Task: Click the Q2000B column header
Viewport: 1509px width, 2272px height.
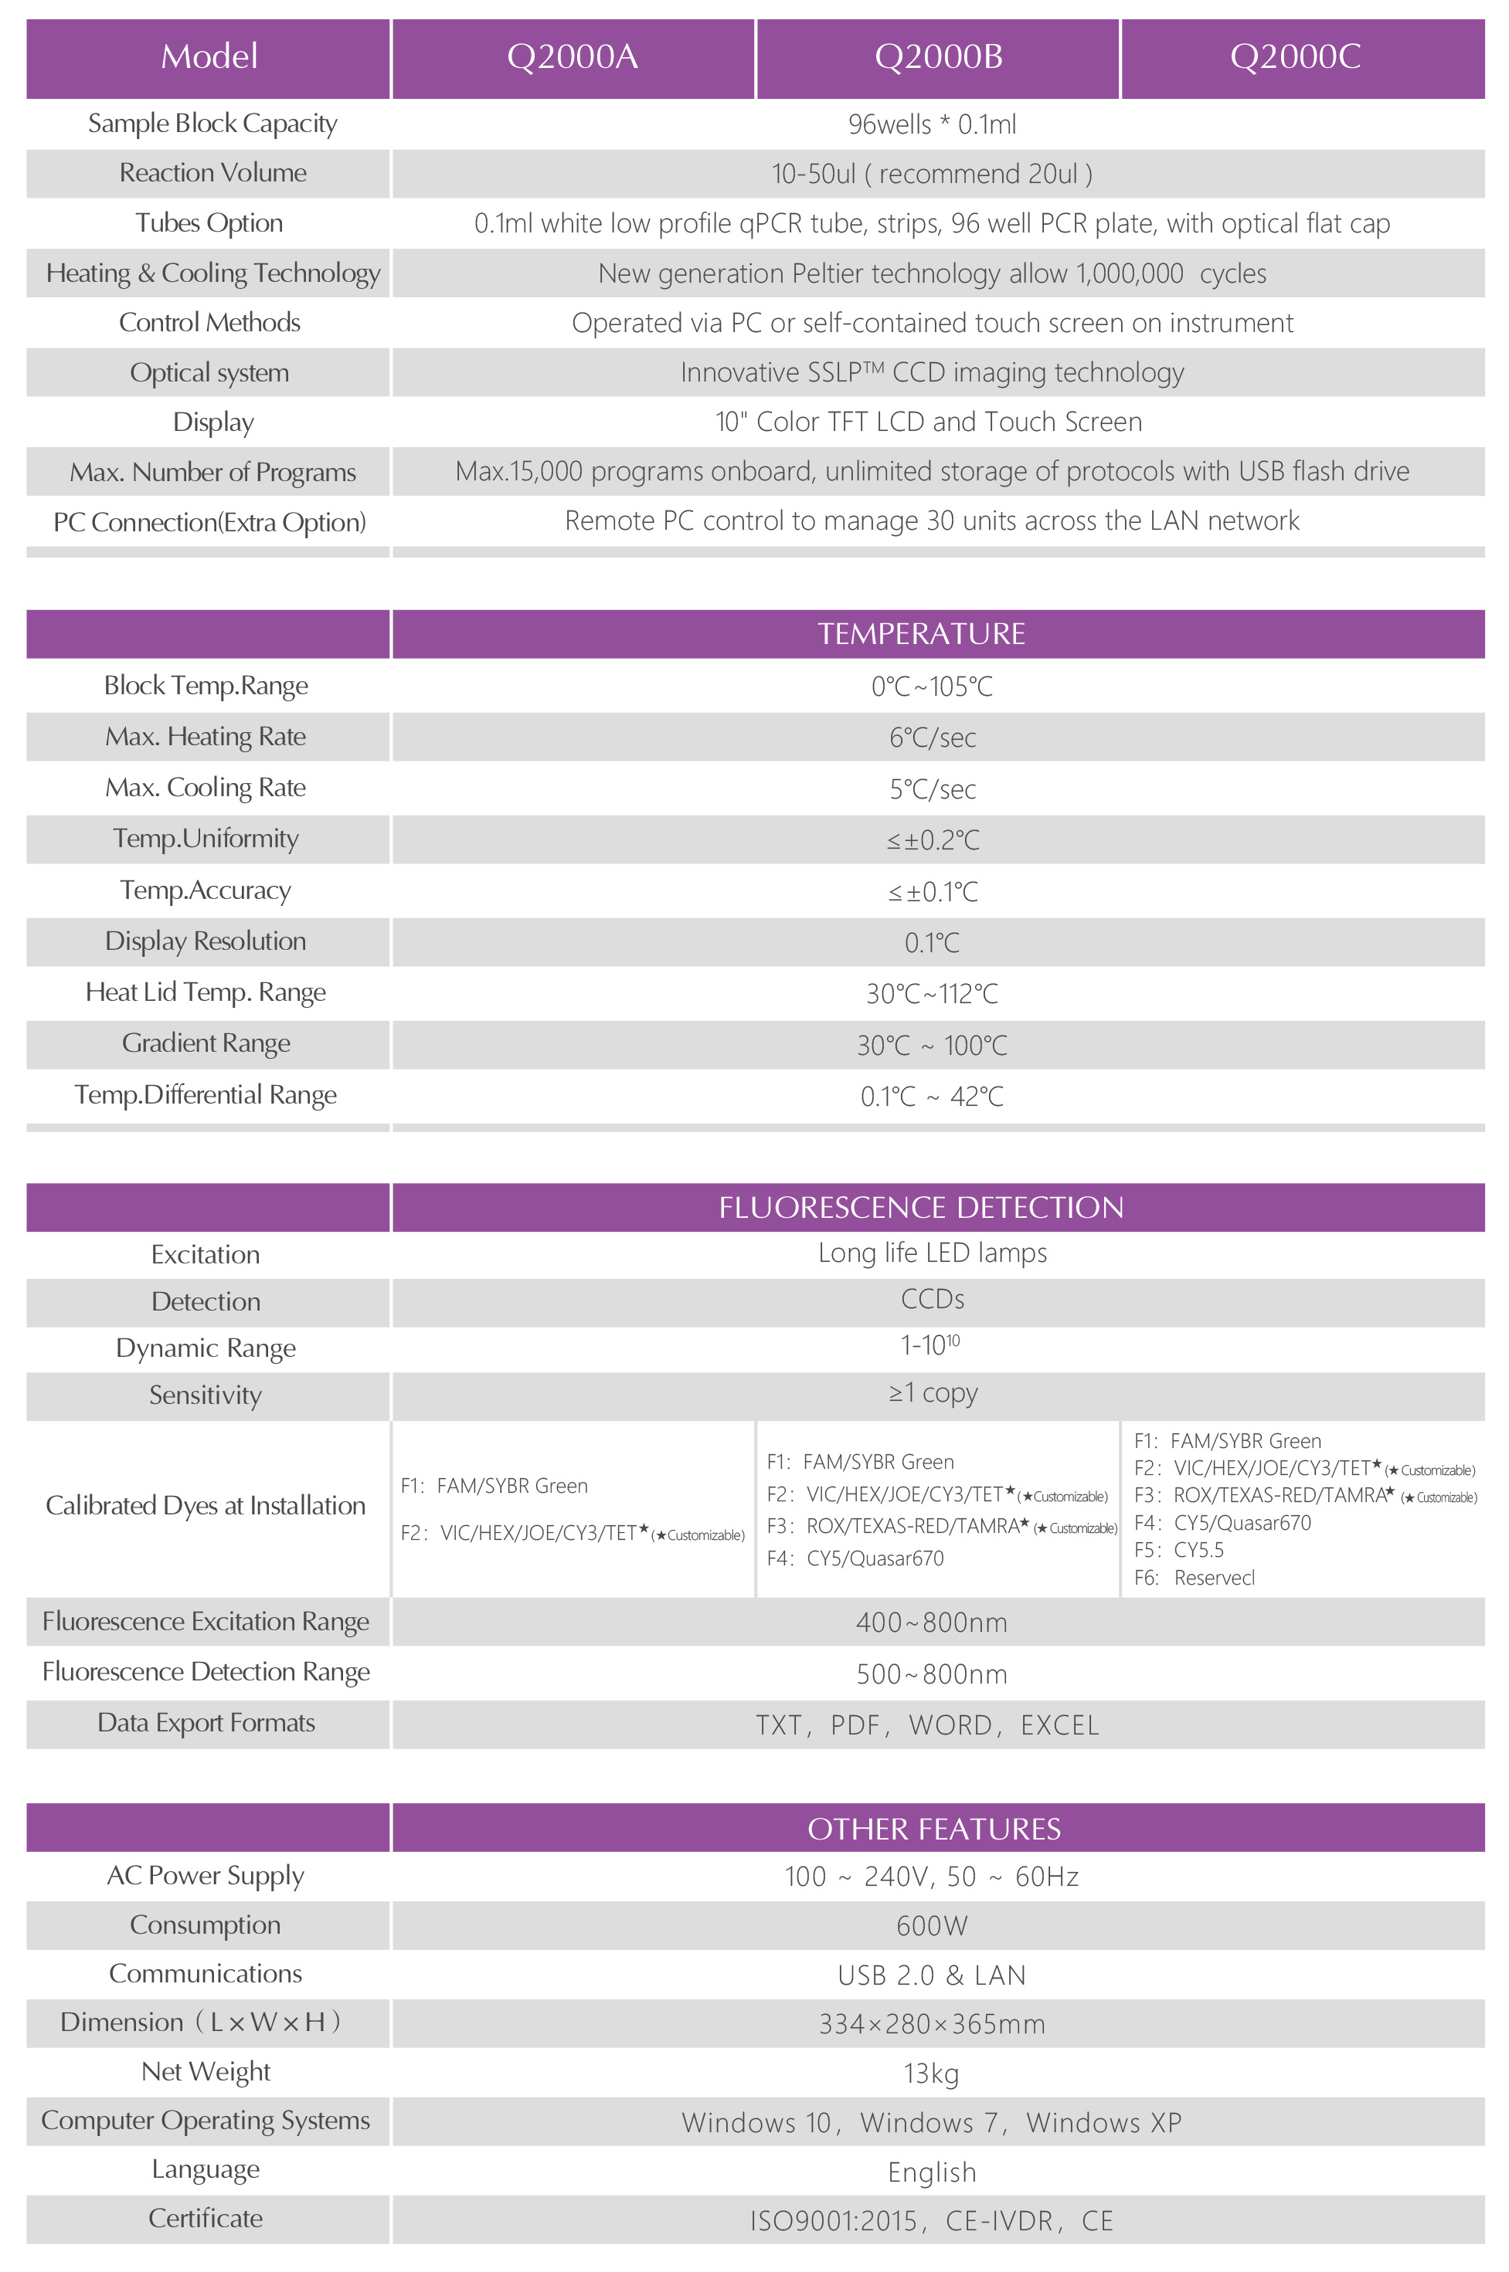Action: coord(938,56)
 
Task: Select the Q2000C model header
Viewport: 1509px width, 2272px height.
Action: coord(1295,56)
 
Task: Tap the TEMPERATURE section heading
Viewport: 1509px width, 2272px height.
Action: coord(921,634)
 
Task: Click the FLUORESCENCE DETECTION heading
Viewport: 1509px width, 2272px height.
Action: coord(921,1207)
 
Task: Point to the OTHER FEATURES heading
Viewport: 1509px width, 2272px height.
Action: coord(933,1829)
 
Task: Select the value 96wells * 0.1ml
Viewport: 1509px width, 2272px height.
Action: coord(932,124)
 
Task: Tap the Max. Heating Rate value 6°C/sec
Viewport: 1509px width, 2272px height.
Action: coord(932,738)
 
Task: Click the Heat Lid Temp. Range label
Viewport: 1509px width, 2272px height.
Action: coord(206,992)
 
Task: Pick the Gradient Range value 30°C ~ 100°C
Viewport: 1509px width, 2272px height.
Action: coord(932,1046)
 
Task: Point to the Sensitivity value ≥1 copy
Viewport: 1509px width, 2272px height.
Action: coord(932,1393)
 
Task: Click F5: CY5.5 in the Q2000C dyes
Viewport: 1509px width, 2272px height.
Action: coord(1179,1550)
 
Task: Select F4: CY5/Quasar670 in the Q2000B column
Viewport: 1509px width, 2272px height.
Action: coord(855,1558)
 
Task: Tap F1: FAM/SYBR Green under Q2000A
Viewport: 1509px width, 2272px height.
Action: coord(494,1486)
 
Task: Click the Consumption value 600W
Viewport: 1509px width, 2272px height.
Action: coord(932,1926)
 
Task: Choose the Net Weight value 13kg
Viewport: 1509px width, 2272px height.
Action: coord(932,2073)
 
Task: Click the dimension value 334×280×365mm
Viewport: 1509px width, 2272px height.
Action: coord(932,2024)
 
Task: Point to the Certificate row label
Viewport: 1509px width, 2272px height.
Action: coord(206,2218)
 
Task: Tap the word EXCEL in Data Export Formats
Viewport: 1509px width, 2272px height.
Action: coord(1059,1726)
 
